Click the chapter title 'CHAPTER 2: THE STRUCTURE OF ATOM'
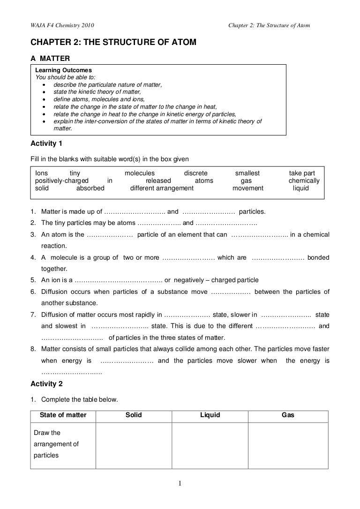[x=113, y=42]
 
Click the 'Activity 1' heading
[x=46, y=143]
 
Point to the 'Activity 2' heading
[x=46, y=384]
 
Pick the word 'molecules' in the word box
[x=139, y=173]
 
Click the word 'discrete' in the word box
[x=195, y=173]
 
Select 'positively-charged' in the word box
[x=62, y=180]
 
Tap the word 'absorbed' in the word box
[x=90, y=188]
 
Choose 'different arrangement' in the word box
[x=162, y=188]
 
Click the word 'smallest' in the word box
[x=247, y=173]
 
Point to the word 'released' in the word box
[x=158, y=180]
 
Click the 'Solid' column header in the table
[x=134, y=415]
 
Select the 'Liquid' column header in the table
[x=210, y=415]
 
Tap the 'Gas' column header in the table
[x=288, y=415]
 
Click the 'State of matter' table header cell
[x=63, y=415]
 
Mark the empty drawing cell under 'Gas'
[x=288, y=445]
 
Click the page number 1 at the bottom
[x=180, y=484]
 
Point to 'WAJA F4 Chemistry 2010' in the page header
[x=62, y=25]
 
